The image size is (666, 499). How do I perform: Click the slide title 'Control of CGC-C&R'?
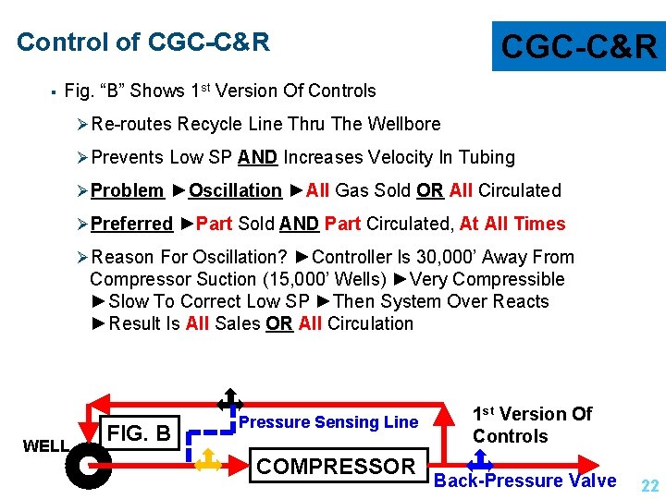click(143, 43)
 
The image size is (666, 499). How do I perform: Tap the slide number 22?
click(649, 486)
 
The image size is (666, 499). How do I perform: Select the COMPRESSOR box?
click(336, 467)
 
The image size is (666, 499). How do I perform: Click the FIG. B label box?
click(140, 432)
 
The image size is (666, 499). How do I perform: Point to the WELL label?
click(45, 446)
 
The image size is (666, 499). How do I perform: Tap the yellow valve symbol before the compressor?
click(209, 459)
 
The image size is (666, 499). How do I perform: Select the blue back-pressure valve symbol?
click(481, 459)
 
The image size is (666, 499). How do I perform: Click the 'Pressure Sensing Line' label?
click(328, 422)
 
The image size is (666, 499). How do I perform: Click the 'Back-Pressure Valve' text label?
click(524, 481)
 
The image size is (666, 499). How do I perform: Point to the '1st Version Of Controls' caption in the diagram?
click(532, 425)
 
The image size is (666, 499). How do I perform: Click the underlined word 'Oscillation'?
click(235, 190)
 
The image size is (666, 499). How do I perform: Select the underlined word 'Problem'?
click(128, 190)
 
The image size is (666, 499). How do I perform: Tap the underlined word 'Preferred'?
click(132, 224)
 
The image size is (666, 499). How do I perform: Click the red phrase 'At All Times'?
click(512, 224)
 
